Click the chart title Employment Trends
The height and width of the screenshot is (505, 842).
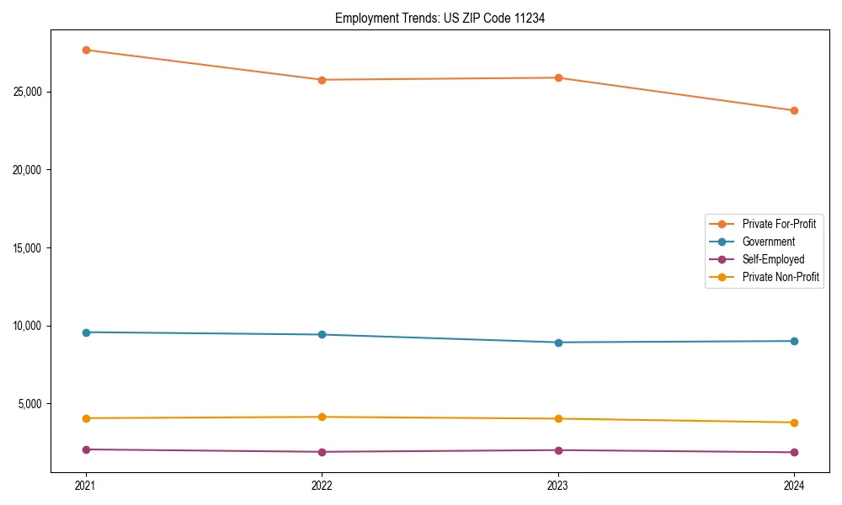click(440, 18)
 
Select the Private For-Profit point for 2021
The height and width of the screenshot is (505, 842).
click(86, 50)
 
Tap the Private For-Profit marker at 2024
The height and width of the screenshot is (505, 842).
click(794, 110)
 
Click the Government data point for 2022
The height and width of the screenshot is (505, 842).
click(322, 335)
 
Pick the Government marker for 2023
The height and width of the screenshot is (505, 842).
click(558, 343)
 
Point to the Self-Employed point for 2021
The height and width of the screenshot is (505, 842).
click(86, 449)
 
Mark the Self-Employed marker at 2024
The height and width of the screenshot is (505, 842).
click(794, 453)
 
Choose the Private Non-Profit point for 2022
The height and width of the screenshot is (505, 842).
click(322, 417)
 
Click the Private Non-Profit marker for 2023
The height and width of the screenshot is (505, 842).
click(558, 418)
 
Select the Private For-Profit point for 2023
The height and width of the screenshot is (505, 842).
click(558, 77)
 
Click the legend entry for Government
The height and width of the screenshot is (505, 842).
click(768, 242)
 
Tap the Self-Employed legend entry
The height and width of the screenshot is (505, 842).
click(773, 259)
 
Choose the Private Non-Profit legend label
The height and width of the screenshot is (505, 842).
click(781, 277)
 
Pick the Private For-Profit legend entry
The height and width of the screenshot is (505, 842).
click(779, 224)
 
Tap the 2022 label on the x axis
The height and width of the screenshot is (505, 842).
click(322, 485)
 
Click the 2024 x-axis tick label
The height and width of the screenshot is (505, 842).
click(794, 485)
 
